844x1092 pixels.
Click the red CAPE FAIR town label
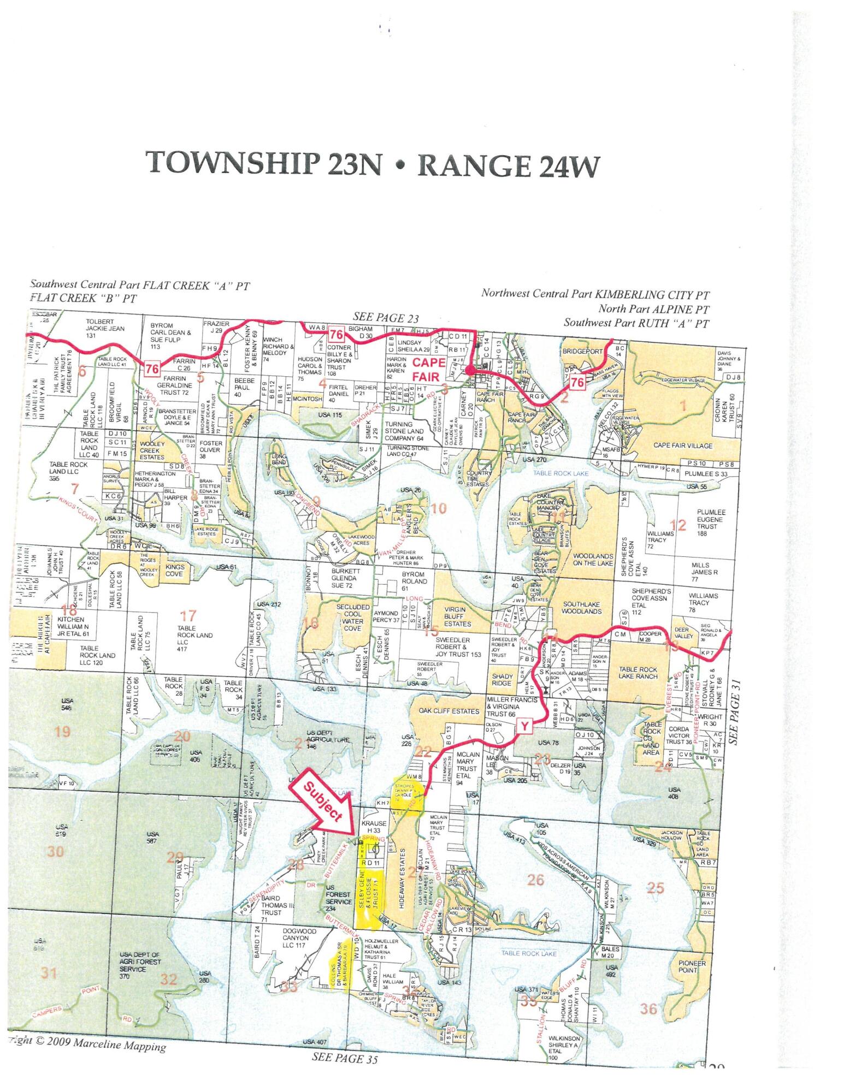coord(429,369)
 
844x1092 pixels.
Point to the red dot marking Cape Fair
coord(470,370)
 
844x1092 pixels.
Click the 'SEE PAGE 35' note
coord(345,1058)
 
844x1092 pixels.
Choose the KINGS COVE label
coord(175,571)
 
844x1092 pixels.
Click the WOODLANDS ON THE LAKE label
coord(593,559)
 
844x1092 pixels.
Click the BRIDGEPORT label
coord(582,352)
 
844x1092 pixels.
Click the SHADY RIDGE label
coord(502,680)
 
